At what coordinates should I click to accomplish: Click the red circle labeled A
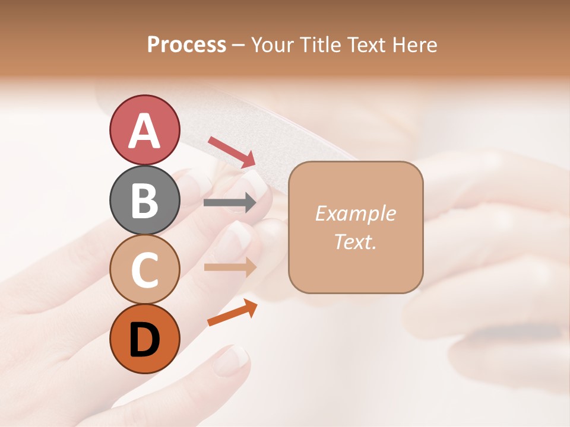coord(144,130)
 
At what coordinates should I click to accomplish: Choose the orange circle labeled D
coord(144,339)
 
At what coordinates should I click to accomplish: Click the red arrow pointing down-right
coord(232,151)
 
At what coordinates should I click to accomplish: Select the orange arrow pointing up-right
coord(232,313)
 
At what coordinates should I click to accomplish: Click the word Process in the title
coord(186,44)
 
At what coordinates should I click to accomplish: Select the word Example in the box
coord(355,213)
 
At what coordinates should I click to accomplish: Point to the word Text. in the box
coord(355,241)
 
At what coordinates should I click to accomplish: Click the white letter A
coord(144,130)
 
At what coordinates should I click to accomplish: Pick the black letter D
coord(144,340)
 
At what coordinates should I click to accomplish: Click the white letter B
coord(144,200)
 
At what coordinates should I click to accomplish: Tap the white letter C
coord(144,270)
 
